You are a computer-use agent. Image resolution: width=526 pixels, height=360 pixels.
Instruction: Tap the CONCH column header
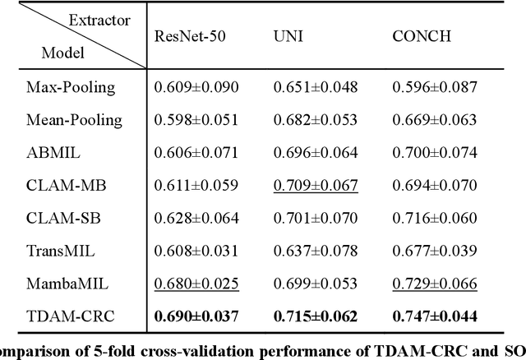point(418,35)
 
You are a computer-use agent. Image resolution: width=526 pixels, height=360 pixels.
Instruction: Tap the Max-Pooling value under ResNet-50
point(196,85)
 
